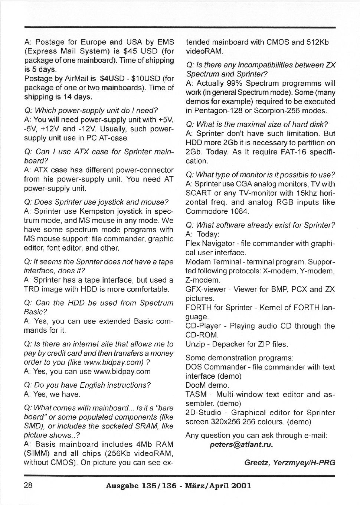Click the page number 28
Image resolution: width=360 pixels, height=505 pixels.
[28, 485]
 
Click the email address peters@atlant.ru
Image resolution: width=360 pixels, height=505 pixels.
[241, 444]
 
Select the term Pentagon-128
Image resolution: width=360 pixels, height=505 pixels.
[217, 111]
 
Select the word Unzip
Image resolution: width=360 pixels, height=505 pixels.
[194, 344]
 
